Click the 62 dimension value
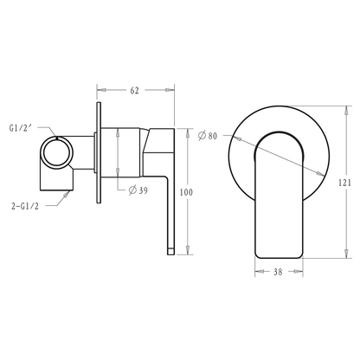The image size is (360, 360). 134,91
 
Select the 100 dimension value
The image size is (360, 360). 186,192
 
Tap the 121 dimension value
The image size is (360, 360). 344,183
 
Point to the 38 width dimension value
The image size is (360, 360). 278,272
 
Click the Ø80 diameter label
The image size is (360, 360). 208,136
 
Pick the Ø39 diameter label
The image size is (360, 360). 138,190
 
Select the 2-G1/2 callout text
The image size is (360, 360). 25,207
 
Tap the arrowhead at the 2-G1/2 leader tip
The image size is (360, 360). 67,195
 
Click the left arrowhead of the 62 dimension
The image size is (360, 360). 101,90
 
